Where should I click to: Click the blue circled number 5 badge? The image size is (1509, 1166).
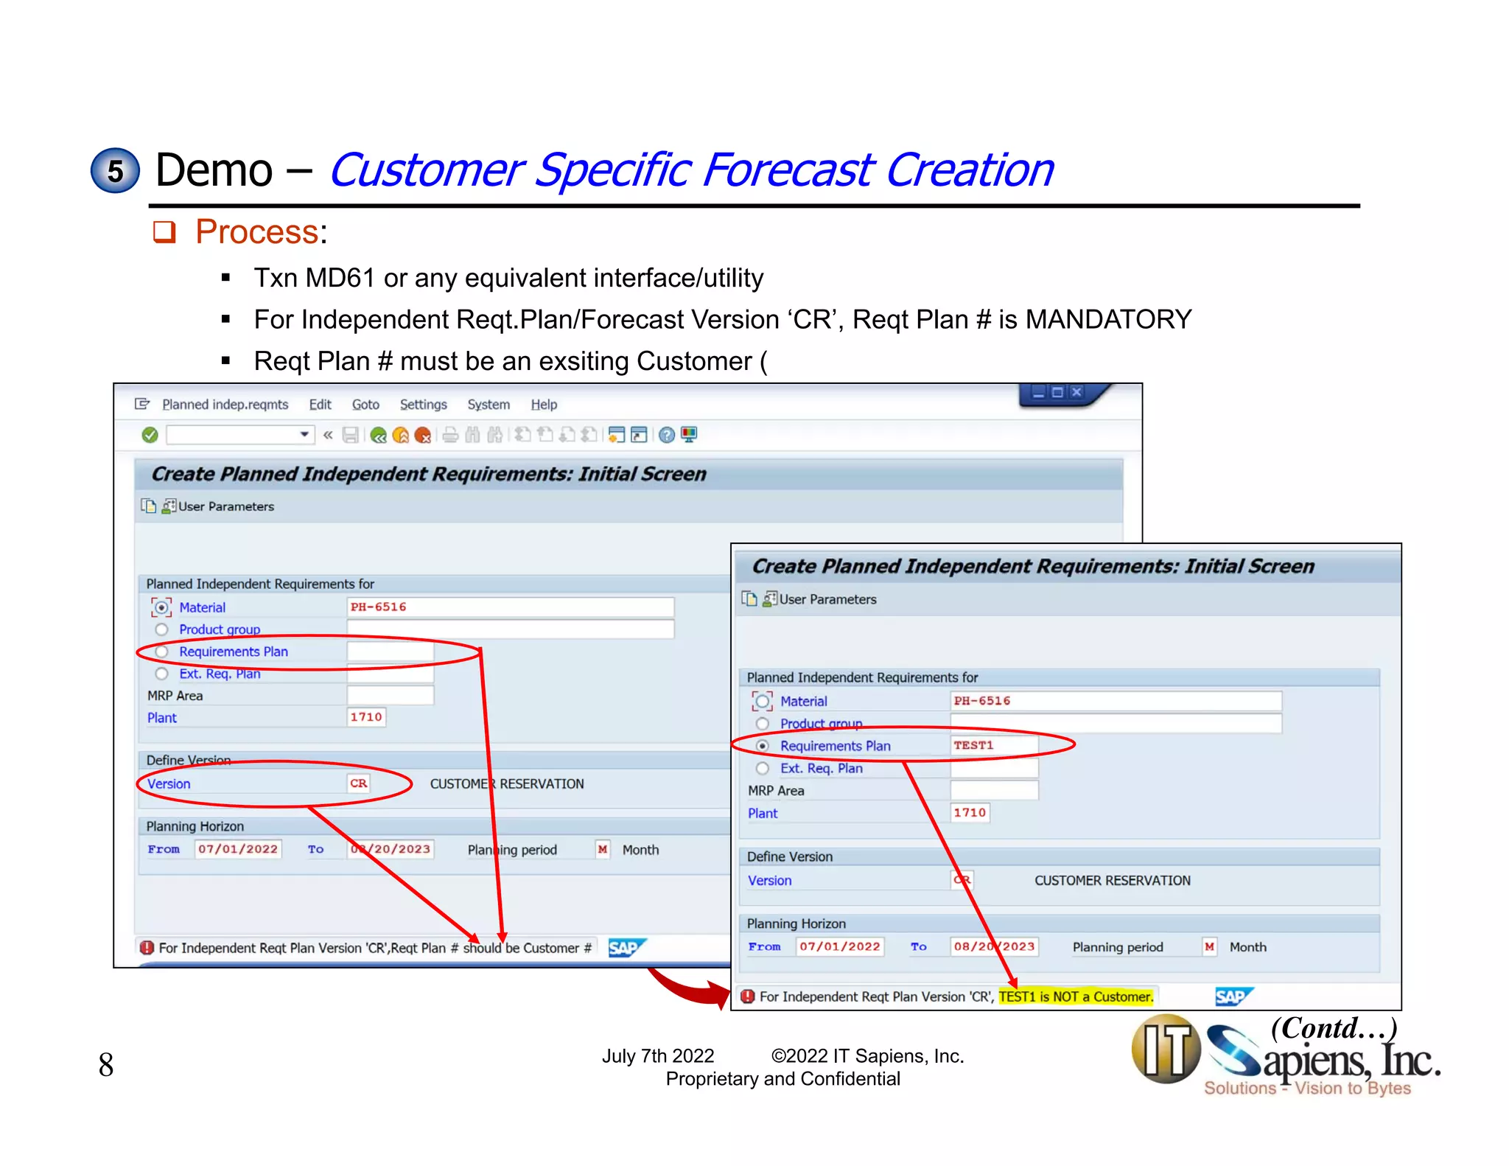pos(115,171)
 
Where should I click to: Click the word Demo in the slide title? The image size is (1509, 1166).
pos(214,170)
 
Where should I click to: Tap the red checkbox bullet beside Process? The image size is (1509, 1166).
pos(164,232)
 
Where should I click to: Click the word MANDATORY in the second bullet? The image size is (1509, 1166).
pos(1108,319)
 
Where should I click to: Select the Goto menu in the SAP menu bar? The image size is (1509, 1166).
pos(365,405)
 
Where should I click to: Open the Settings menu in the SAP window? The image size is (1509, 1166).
pos(423,405)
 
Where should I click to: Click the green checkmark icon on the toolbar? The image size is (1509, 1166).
pos(150,435)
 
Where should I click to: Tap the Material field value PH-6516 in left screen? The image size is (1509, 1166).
pos(378,607)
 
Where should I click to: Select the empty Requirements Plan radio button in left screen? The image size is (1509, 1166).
pos(162,652)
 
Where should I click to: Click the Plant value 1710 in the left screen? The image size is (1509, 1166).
pos(366,717)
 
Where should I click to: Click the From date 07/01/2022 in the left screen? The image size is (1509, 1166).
pos(238,849)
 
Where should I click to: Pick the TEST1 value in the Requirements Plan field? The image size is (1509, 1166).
pos(973,745)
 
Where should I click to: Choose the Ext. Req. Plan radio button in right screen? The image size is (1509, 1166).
pos(763,768)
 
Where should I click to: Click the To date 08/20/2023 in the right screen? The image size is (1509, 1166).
pos(994,946)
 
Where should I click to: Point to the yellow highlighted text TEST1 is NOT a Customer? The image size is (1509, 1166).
pos(1075,996)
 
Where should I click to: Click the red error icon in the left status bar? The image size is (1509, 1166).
pos(147,948)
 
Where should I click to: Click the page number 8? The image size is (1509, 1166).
pos(106,1064)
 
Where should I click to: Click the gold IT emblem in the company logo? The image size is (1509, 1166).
pos(1166,1050)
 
